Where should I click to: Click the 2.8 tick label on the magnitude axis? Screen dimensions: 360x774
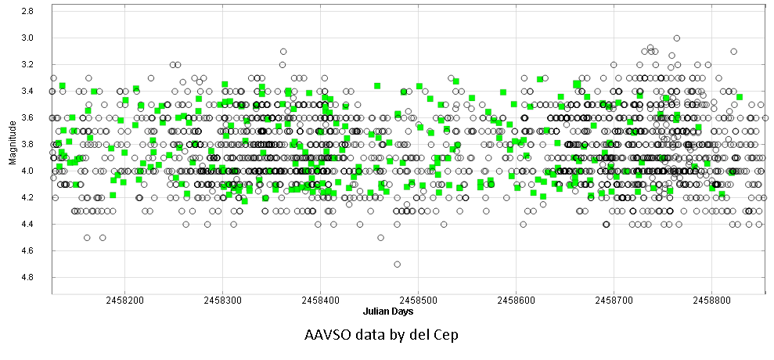click(27, 11)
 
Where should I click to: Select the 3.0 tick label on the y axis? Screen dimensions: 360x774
click(27, 38)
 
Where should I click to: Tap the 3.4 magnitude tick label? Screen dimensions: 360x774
click(27, 91)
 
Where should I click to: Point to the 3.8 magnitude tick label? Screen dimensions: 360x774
click(27, 144)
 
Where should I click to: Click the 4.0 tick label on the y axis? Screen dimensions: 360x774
click(27, 171)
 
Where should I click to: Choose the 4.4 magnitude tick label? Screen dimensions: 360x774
click(27, 224)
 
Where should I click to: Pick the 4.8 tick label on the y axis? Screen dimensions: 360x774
click(27, 277)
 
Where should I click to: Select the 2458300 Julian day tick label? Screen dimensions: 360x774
click(222, 300)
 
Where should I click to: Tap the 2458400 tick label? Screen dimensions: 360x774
click(320, 300)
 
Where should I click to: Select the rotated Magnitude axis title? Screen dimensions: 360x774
click(11, 149)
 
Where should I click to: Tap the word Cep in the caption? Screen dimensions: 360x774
click(445, 335)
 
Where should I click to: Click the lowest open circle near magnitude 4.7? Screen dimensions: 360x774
click(398, 264)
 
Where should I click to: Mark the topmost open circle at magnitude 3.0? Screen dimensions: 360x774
click(677, 38)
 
